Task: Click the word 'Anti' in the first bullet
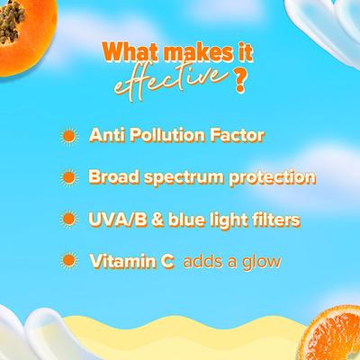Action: click(x=105, y=137)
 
